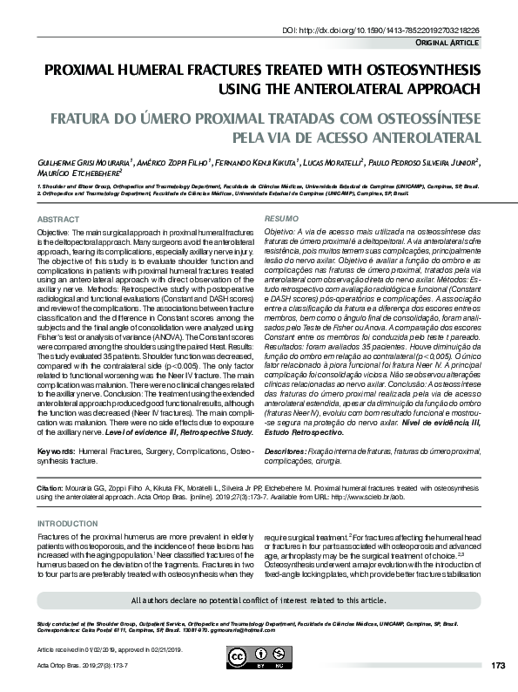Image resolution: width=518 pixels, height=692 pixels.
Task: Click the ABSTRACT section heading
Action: pos(60,219)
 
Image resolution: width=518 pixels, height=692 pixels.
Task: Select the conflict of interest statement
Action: pos(259,600)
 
